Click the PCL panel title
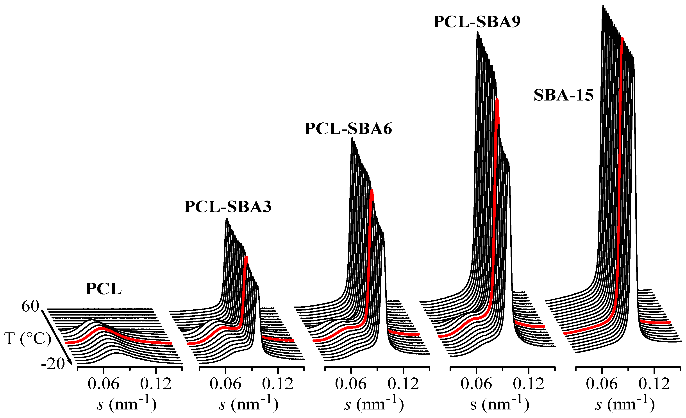pos(103,289)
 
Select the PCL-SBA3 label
pos(227,207)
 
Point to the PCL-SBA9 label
pos(477,22)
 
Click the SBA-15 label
pos(563,95)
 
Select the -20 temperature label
pos(53,364)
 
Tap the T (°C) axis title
pos(28,339)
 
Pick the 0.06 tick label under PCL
pos(103,384)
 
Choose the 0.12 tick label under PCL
pos(156,384)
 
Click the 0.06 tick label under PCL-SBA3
pos(225,384)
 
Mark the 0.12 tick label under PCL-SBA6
pos(403,384)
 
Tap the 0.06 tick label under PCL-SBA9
pos(476,384)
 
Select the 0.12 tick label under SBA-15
pos(654,384)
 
